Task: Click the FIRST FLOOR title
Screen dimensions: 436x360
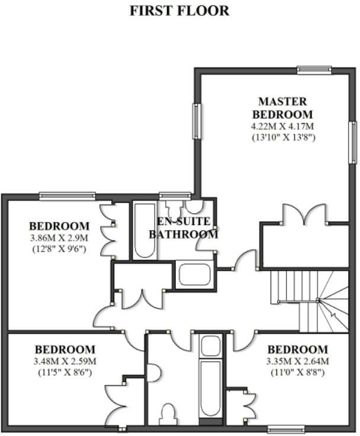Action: pos(179,11)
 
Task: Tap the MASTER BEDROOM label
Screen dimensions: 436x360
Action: pos(282,107)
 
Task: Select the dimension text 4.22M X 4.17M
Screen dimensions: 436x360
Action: pos(282,126)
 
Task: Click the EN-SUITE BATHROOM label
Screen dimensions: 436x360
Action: pos(183,227)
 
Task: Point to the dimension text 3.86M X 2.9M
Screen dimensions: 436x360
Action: pos(59,238)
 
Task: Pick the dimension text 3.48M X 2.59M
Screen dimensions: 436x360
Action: pos(65,361)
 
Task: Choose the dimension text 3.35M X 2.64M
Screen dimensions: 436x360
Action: pos(297,361)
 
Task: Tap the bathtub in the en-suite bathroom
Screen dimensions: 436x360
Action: pos(144,231)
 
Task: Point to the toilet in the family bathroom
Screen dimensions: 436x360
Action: pos(169,413)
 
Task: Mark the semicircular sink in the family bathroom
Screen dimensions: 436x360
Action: pos(210,345)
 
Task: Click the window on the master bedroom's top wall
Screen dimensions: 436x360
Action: pos(314,70)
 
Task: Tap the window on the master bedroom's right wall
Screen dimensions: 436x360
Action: pos(352,142)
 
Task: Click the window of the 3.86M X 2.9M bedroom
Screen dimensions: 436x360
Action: pos(67,195)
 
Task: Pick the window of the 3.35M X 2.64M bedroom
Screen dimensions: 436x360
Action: pos(278,428)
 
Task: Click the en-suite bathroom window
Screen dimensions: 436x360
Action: pos(175,195)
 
